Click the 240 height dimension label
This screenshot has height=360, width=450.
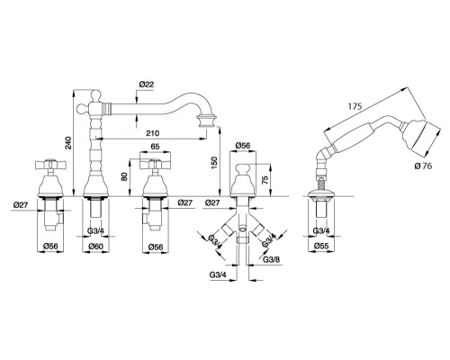pos(68,143)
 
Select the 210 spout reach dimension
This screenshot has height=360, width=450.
pos(152,132)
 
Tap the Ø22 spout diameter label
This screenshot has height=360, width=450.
pos(147,85)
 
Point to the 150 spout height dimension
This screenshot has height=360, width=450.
pos(214,163)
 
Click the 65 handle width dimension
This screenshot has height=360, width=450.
pos(155,147)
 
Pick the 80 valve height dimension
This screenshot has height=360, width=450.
pos(124,176)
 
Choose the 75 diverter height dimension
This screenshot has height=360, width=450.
pos(265,179)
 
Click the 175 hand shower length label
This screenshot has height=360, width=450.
pos(355,106)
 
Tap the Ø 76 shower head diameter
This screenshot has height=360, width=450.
pos(424,166)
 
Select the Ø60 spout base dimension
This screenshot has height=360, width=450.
pos(95,247)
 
